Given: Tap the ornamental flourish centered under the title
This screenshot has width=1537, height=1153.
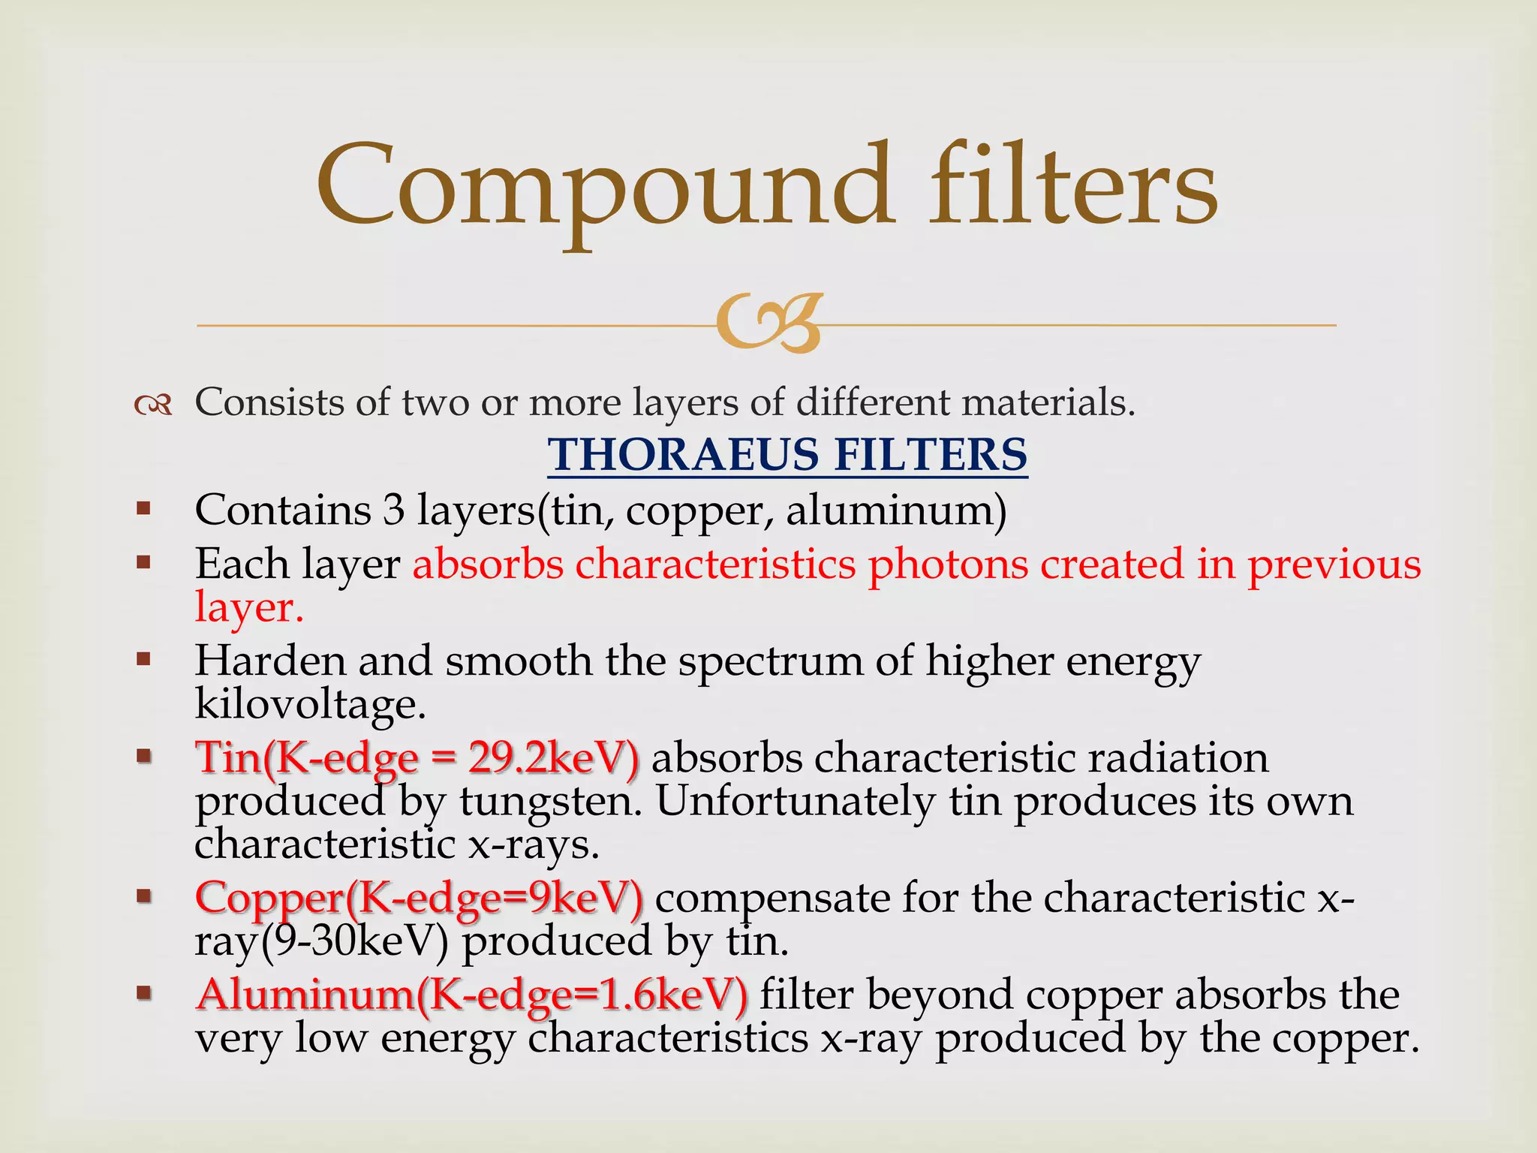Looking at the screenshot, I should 768,324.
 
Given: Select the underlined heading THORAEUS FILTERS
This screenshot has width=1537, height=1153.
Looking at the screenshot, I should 787,455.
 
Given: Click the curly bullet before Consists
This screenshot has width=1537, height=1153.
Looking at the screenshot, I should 153,406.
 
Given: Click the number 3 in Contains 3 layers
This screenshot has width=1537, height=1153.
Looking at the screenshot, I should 393,510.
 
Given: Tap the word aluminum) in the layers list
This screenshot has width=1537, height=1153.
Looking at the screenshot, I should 896,510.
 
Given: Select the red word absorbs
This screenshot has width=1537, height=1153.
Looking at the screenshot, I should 487,564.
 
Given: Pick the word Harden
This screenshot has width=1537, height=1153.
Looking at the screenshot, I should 269,661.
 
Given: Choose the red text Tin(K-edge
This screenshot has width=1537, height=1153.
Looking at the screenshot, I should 307,757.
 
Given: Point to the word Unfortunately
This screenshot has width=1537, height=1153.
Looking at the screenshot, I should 796,801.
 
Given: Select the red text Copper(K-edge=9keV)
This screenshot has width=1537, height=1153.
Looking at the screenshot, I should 419,898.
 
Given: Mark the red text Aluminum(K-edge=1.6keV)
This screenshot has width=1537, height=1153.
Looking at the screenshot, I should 471,995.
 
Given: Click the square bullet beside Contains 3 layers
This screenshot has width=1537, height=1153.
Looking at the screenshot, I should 143,510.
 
